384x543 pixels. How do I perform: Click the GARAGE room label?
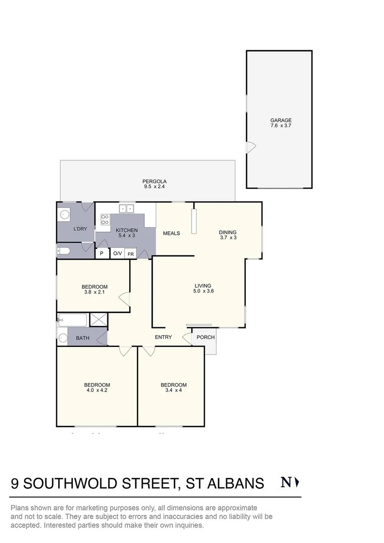tap(281, 121)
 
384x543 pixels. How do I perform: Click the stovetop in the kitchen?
tap(106, 219)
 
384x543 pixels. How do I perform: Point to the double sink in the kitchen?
tap(126, 208)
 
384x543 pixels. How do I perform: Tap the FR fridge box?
tap(131, 254)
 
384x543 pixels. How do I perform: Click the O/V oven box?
tap(117, 253)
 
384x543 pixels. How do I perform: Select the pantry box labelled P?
tap(102, 253)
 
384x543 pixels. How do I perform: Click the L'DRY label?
tap(80, 229)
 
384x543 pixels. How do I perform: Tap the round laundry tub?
tap(65, 215)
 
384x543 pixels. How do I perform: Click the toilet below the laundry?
tap(64, 250)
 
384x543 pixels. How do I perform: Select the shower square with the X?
tap(98, 320)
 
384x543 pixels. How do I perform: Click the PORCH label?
tap(206, 337)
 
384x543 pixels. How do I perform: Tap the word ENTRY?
tap(163, 337)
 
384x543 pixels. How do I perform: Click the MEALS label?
tap(171, 233)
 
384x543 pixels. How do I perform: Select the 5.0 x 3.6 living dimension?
tap(204, 291)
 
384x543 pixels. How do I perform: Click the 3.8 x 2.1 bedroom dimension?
tap(94, 292)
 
